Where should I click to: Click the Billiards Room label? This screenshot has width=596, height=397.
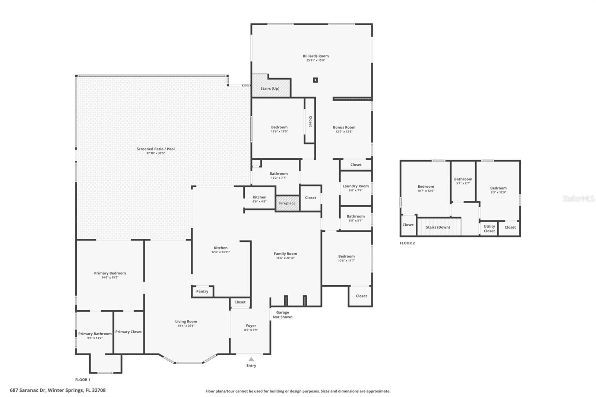tap(316, 56)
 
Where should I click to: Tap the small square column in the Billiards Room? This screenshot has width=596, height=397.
tap(315, 80)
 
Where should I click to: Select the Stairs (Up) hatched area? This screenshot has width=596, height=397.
tap(271, 85)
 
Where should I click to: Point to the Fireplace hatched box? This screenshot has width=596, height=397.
tap(287, 203)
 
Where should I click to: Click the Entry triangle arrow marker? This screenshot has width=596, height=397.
tap(251, 359)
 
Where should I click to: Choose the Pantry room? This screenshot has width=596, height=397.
tap(203, 291)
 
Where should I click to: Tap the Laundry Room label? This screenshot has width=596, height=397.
tap(356, 186)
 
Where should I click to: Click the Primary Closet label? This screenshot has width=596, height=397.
tap(129, 332)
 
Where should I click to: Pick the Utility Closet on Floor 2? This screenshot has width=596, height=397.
tap(489, 228)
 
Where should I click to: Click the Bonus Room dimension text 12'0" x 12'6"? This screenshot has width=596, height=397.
tap(344, 131)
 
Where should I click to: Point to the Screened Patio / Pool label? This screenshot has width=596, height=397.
tap(156, 149)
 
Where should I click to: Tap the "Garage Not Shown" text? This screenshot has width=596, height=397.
tap(283, 315)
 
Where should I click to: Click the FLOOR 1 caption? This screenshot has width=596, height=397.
tap(83, 380)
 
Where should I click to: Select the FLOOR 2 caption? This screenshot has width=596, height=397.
tap(408, 243)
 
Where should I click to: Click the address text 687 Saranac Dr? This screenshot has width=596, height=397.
tap(28, 390)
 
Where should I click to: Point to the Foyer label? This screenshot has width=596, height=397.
tap(251, 326)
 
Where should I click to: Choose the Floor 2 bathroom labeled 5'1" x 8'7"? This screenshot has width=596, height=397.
tap(463, 181)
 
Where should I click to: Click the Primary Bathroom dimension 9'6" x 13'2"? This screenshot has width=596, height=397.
tap(95, 338)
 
